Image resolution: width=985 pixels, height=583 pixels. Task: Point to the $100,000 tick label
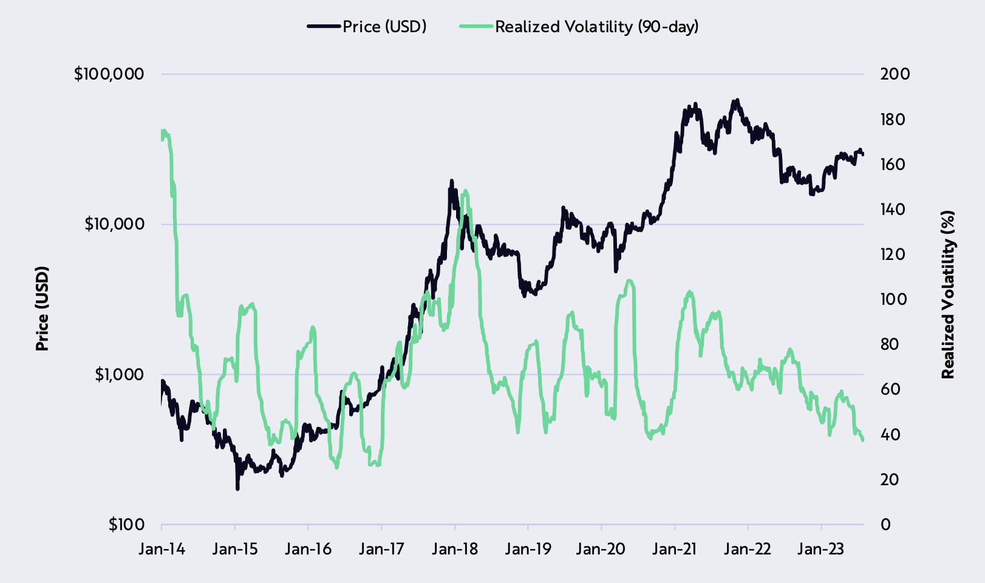[109, 74]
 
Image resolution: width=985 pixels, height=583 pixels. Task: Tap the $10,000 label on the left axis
[114, 224]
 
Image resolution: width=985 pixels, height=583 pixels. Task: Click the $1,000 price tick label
[119, 374]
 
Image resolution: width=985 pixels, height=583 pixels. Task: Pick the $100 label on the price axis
[126, 524]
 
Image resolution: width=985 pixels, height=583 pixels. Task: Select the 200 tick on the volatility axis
[895, 74]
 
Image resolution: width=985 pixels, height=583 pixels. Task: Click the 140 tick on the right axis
[895, 210]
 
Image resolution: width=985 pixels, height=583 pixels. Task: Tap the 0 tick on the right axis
[885, 524]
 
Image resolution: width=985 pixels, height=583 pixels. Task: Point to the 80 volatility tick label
[890, 344]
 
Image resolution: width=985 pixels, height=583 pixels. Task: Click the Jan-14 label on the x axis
[162, 550]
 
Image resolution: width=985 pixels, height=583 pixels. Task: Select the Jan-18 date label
[455, 550]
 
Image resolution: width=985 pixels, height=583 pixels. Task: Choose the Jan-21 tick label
[675, 550]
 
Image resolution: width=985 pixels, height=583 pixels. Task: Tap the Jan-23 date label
[821, 550]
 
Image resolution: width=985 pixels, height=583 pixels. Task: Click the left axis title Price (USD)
[42, 309]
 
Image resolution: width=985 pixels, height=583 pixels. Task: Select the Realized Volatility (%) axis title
[947, 295]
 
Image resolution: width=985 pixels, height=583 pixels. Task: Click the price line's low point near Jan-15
[237, 488]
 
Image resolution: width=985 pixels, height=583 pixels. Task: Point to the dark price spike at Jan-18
[451, 180]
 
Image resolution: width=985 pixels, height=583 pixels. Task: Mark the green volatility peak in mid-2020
[629, 281]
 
